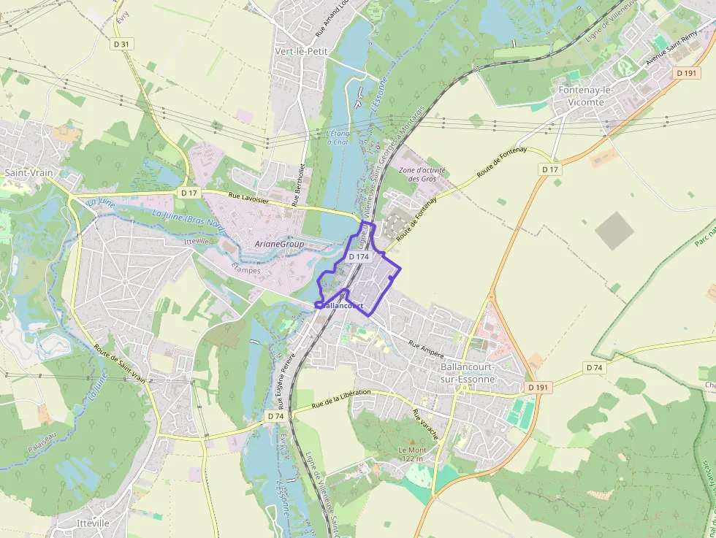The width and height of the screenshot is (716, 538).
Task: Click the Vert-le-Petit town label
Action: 301,51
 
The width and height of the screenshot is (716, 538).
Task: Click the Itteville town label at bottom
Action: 93,523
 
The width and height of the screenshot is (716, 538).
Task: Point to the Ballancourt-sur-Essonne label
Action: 468,373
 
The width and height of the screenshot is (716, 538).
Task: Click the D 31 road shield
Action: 122,45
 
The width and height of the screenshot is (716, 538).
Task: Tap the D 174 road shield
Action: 358,257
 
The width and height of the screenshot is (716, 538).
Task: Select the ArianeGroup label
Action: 279,244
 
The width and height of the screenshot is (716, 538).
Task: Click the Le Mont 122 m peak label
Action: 412,454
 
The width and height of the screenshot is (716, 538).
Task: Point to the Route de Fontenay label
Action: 501,163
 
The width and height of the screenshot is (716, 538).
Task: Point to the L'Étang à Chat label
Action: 338,137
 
